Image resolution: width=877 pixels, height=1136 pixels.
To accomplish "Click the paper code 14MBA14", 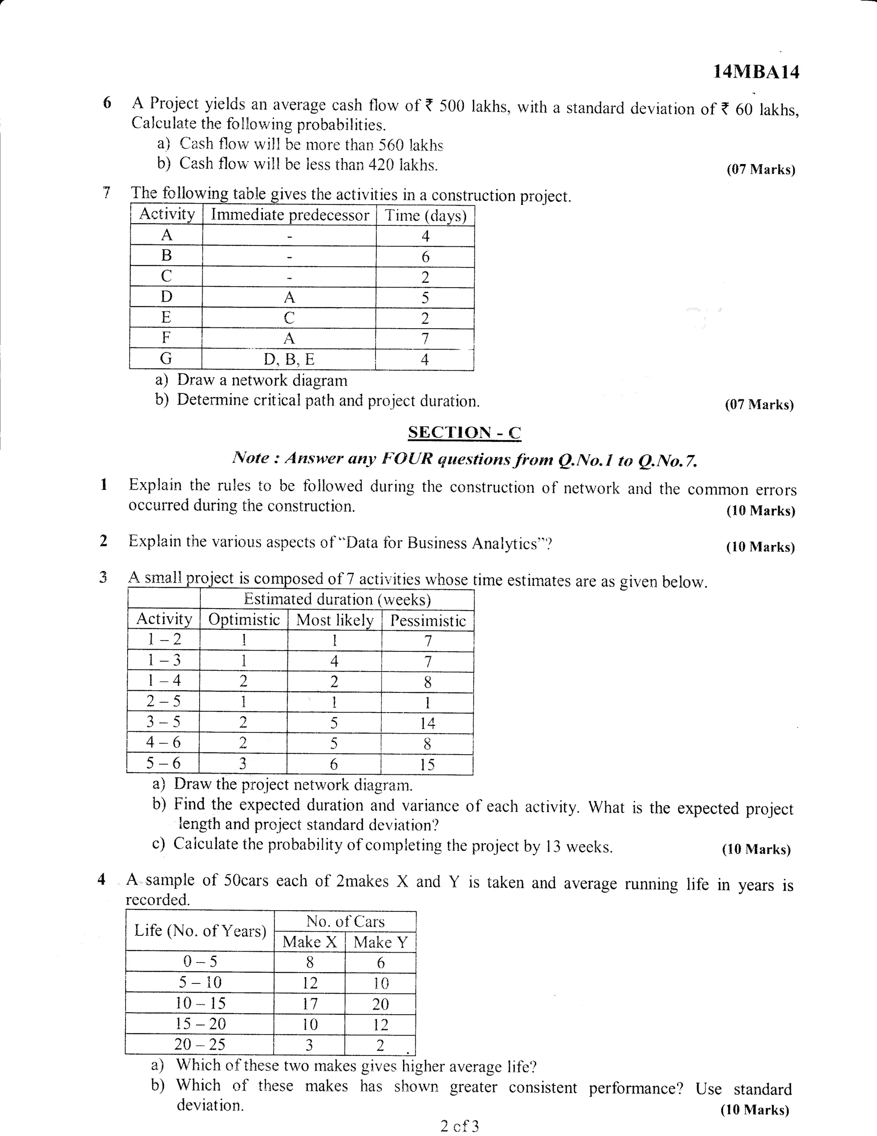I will [x=756, y=72].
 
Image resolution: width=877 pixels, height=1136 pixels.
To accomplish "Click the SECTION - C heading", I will [x=464, y=432].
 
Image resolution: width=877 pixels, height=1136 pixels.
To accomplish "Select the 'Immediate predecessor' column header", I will [x=289, y=215].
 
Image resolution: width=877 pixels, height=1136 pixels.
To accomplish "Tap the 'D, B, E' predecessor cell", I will [x=289, y=360].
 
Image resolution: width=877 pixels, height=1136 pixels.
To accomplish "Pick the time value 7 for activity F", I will [x=425, y=339].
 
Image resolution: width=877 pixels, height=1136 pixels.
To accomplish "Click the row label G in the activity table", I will [x=166, y=358].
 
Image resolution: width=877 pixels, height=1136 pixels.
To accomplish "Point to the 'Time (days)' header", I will [x=425, y=216].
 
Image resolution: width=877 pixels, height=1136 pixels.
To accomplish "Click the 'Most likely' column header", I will [x=334, y=620].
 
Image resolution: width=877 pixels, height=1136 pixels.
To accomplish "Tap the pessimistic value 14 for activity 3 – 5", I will [x=427, y=723].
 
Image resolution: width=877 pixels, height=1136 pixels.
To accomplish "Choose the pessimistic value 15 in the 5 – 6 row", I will [x=427, y=764].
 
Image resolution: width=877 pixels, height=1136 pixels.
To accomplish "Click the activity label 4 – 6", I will [x=163, y=742].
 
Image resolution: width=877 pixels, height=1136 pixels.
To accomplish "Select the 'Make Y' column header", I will [x=381, y=942].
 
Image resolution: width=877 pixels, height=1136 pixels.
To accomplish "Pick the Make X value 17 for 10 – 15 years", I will [x=310, y=1004].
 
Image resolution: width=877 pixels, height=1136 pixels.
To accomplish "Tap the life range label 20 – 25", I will [x=200, y=1044].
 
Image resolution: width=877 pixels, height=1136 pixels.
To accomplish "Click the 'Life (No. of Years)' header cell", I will [x=200, y=931].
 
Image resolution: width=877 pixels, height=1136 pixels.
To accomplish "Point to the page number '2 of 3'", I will [x=459, y=1127].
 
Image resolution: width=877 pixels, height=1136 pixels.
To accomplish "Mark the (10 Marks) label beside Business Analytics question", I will [x=760, y=547].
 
